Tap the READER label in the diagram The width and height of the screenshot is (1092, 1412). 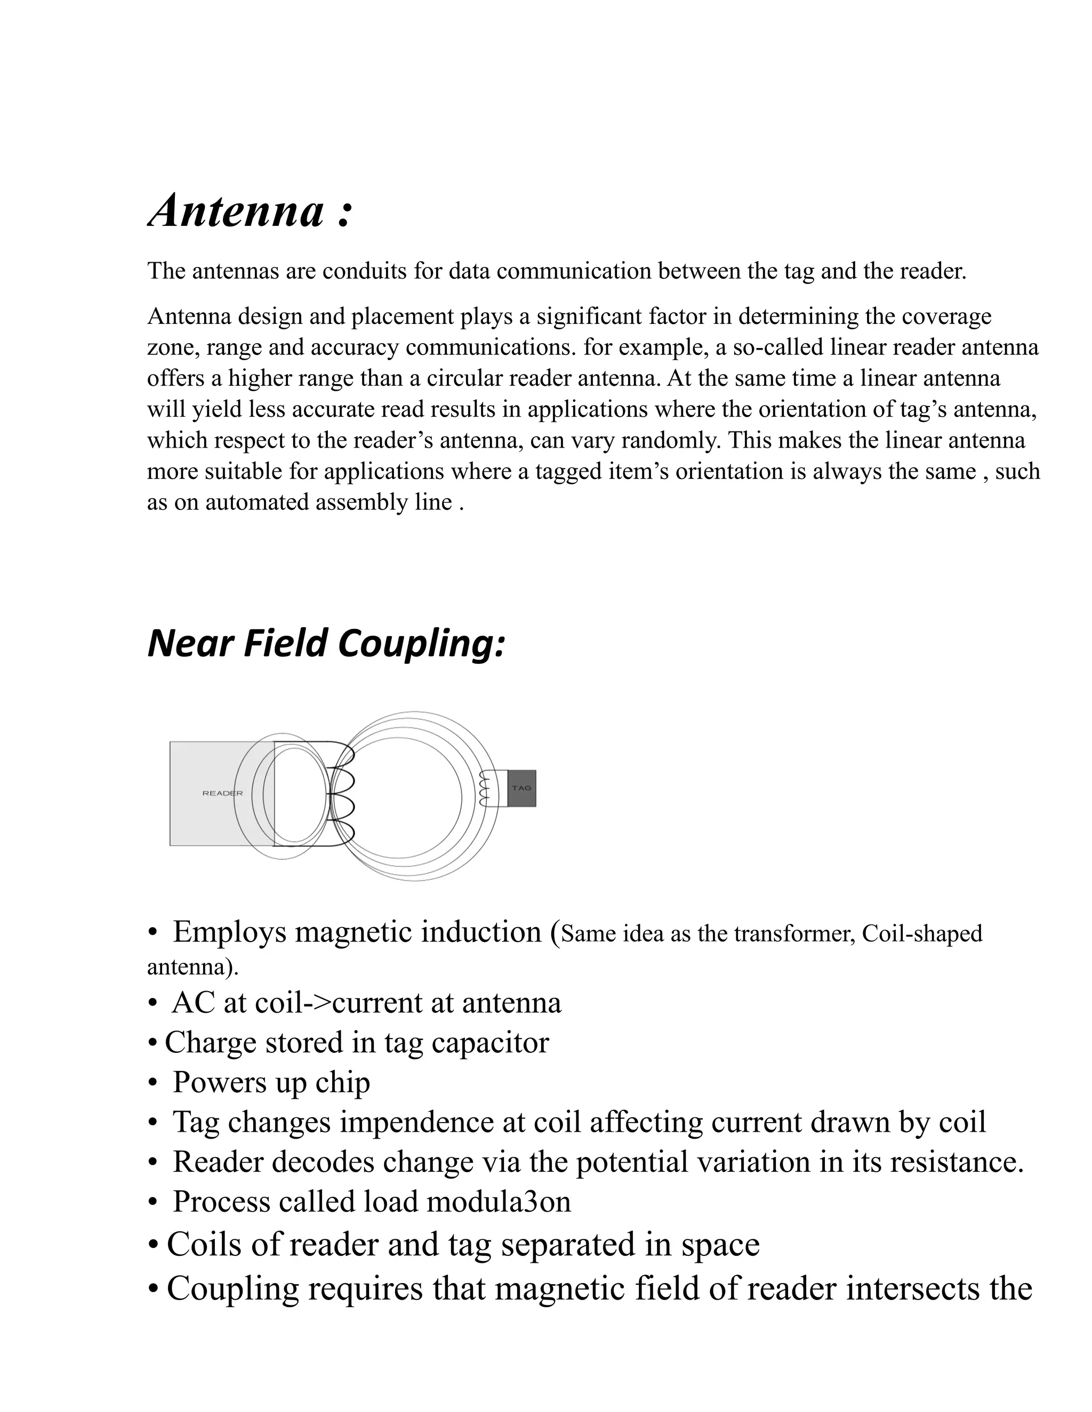[x=222, y=793]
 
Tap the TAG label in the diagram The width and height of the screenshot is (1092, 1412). [x=521, y=788]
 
